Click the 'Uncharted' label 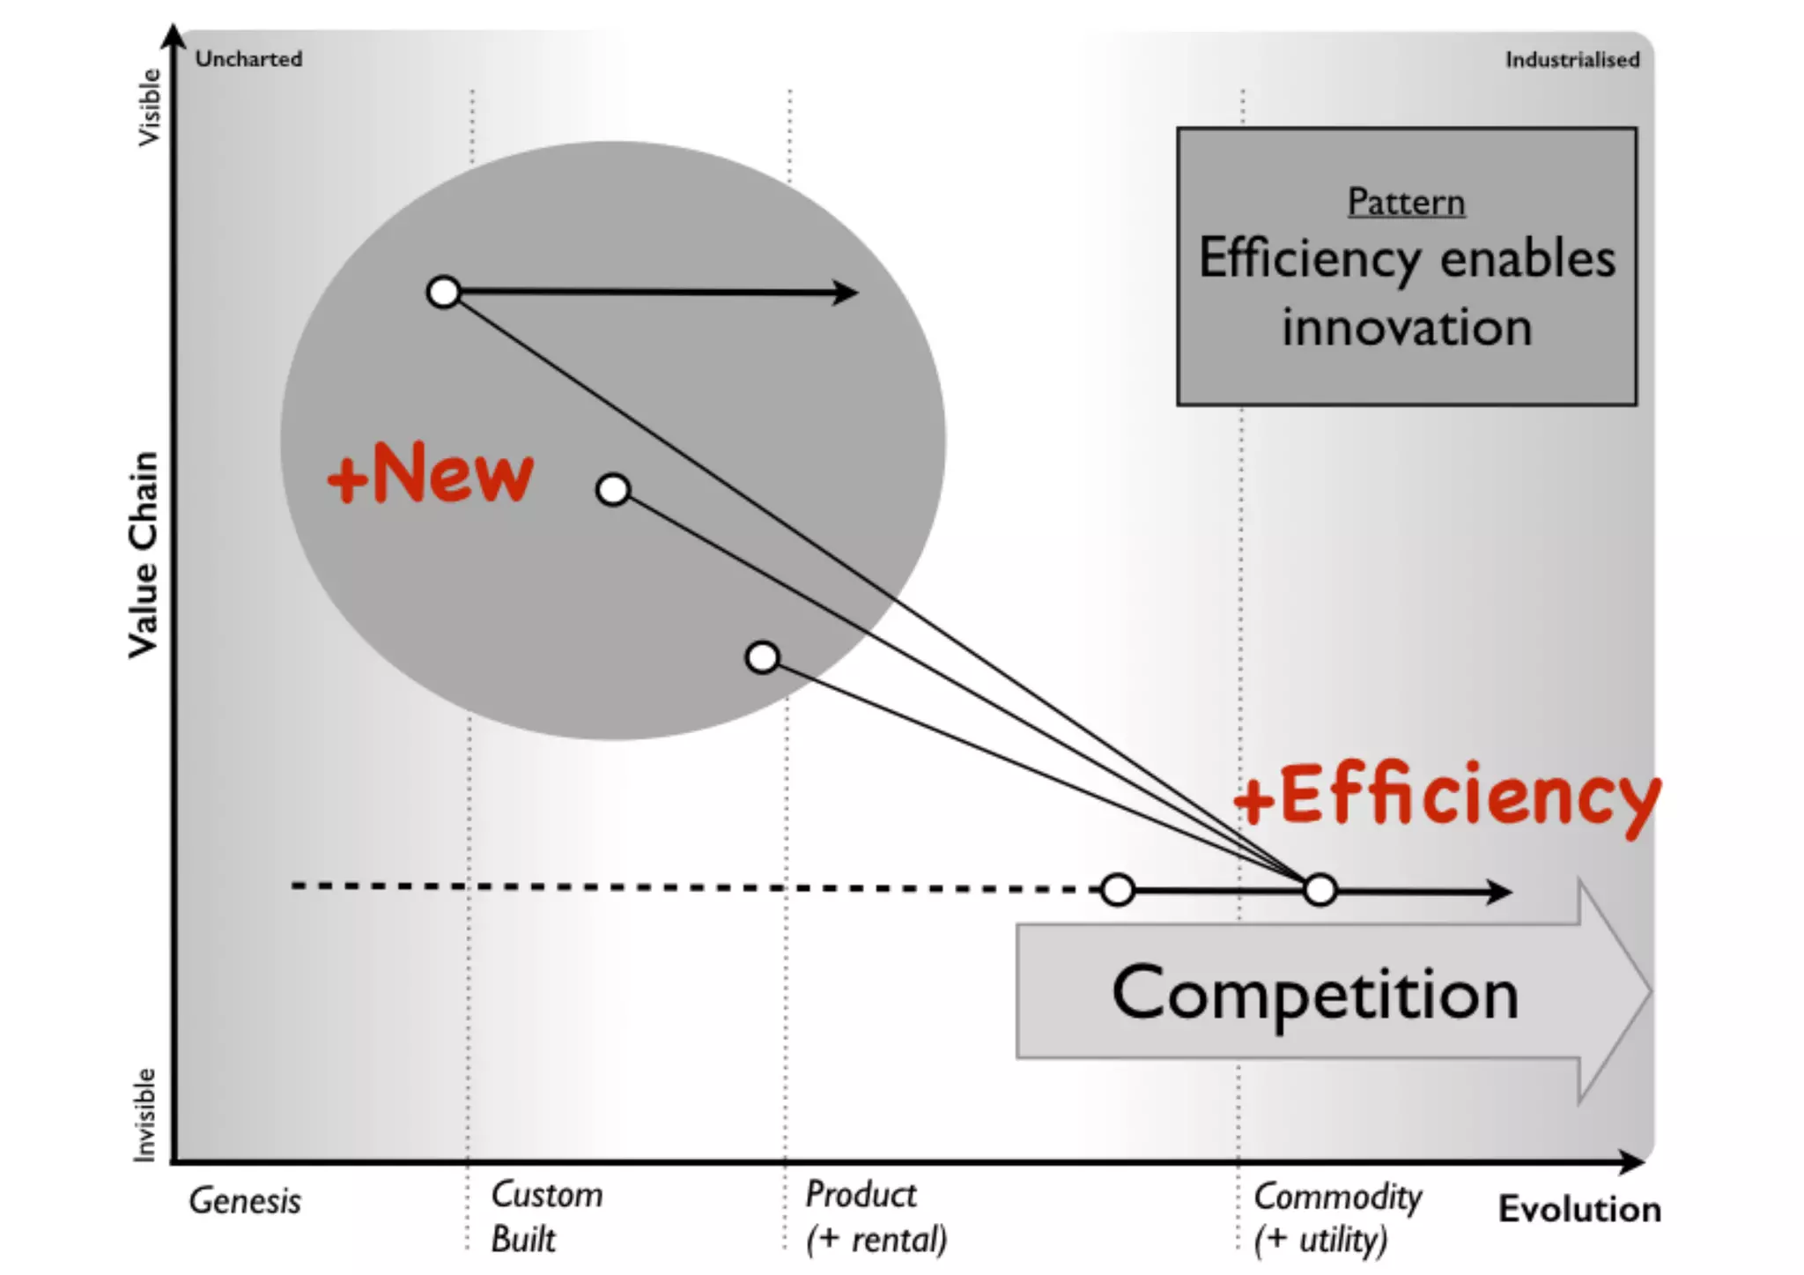tap(248, 59)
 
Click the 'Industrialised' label tap(1572, 60)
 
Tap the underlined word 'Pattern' tap(1406, 202)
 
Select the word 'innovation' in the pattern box tap(1407, 328)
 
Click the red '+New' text tap(430, 473)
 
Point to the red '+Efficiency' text tap(1446, 796)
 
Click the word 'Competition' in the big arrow tap(1315, 993)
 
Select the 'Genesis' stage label tap(245, 1201)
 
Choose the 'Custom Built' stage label tap(546, 1217)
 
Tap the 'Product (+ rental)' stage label tap(876, 1217)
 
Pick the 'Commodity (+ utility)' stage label tap(1337, 1218)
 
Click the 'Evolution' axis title tap(1579, 1209)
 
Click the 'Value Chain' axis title tap(144, 554)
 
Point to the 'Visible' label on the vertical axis tap(150, 107)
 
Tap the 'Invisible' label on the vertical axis tap(144, 1115)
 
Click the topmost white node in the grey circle tap(444, 292)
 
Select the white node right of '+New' tap(613, 489)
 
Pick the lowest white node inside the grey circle tap(763, 657)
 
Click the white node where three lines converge tap(1320, 890)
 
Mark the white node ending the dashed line tap(1118, 890)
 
